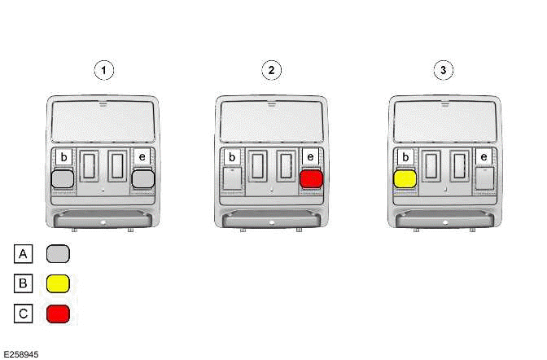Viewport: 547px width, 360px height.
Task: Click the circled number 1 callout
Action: click(x=103, y=70)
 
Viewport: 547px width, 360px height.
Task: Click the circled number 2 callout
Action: click(x=271, y=70)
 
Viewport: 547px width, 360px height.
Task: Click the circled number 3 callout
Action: click(x=443, y=70)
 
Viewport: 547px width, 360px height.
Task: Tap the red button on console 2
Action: click(x=312, y=178)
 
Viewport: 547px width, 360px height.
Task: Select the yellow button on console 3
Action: click(x=405, y=178)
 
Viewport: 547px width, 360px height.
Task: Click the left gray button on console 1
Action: click(x=63, y=178)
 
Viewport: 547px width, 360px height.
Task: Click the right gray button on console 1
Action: click(x=143, y=178)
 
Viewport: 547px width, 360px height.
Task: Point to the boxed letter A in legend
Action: click(x=24, y=254)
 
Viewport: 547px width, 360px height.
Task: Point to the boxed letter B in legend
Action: click(x=24, y=283)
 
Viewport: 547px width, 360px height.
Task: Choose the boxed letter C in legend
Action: click(x=24, y=313)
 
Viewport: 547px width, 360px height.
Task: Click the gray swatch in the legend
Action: click(x=58, y=254)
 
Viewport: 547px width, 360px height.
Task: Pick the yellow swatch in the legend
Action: click(x=58, y=283)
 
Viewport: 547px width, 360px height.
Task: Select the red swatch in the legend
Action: click(x=58, y=313)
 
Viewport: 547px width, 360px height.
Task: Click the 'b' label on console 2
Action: click(x=232, y=156)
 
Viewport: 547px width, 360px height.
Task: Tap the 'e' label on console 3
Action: click(x=484, y=156)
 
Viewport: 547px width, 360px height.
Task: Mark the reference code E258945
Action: click(x=21, y=354)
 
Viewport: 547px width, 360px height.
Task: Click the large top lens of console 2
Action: click(x=271, y=118)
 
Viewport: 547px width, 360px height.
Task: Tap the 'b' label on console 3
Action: click(x=405, y=156)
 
